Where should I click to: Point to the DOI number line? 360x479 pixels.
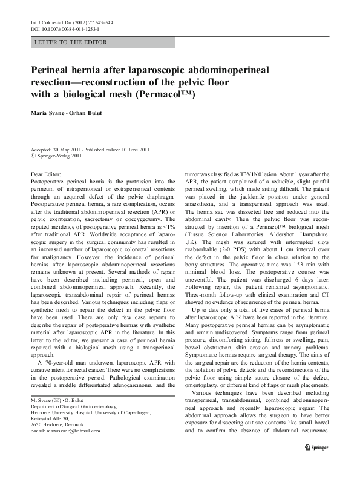pyautogui.click(x=65, y=29)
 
